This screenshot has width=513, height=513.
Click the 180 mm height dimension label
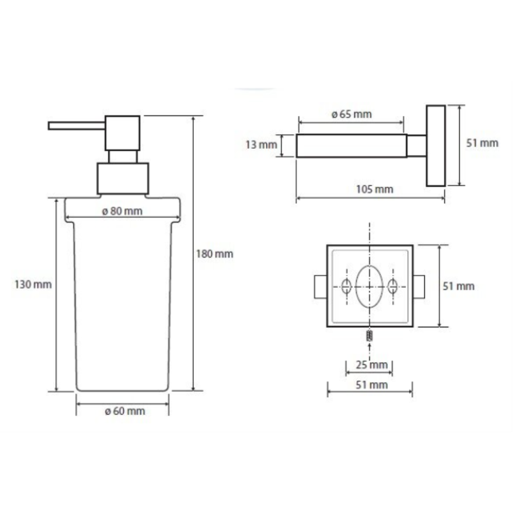[x=214, y=254]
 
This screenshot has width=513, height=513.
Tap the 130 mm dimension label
[x=33, y=284]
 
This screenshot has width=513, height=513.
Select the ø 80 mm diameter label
[x=123, y=211]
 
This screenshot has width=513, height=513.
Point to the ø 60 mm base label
[x=125, y=411]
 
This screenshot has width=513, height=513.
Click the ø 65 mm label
[x=352, y=114]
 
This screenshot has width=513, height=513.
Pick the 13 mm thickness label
[x=262, y=145]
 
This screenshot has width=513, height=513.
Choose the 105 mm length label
[x=374, y=189]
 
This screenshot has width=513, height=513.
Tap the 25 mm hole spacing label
[x=371, y=364]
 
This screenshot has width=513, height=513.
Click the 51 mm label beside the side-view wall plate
[x=482, y=143]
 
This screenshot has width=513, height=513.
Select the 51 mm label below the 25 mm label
[x=371, y=385]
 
